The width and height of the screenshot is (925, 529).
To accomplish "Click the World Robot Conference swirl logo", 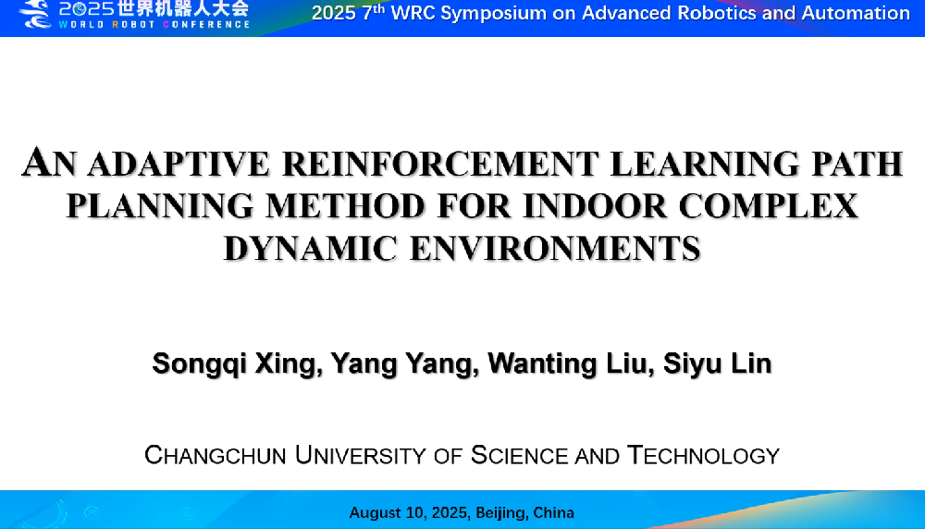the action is (35, 14).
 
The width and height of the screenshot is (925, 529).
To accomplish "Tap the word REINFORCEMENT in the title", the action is (440, 164).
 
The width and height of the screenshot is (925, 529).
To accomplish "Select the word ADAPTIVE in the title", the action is (179, 164).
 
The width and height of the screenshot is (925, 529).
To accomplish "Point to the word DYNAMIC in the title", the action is (310, 248).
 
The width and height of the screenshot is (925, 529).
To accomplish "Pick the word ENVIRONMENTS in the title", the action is (555, 248).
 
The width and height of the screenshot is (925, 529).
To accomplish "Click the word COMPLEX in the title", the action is (768, 206).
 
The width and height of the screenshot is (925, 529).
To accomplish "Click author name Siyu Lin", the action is (718, 363).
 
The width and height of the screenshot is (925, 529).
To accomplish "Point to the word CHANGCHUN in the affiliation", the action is (216, 455).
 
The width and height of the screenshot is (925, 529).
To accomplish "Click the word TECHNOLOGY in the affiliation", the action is (703, 455).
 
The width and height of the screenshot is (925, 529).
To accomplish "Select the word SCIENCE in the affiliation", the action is (518, 455).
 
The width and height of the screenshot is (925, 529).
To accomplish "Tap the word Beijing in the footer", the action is (502, 512).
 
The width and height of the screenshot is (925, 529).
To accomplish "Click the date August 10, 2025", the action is (410, 512).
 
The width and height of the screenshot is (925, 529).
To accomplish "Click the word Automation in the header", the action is (856, 13).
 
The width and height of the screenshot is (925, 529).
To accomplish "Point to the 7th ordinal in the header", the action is (374, 12).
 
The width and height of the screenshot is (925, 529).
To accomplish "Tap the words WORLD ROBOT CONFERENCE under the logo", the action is (154, 25).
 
